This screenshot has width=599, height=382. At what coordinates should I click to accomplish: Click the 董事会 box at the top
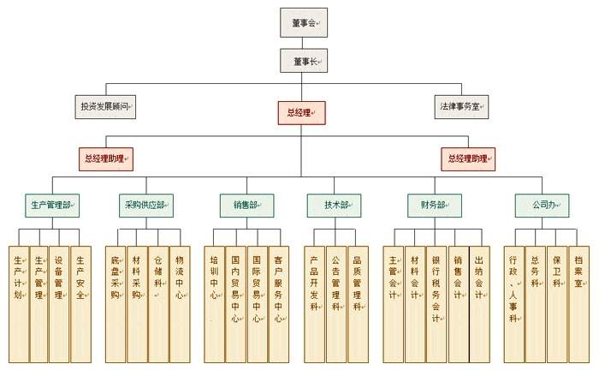[x=303, y=22]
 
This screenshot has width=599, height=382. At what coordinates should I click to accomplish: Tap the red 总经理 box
[x=300, y=110]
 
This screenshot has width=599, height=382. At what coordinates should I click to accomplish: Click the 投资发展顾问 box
[x=106, y=107]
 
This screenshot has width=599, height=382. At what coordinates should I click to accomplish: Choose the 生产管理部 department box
[x=52, y=205]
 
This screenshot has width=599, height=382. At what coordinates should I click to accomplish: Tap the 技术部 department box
[x=337, y=205]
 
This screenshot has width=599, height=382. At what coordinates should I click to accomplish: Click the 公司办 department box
[x=542, y=205]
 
